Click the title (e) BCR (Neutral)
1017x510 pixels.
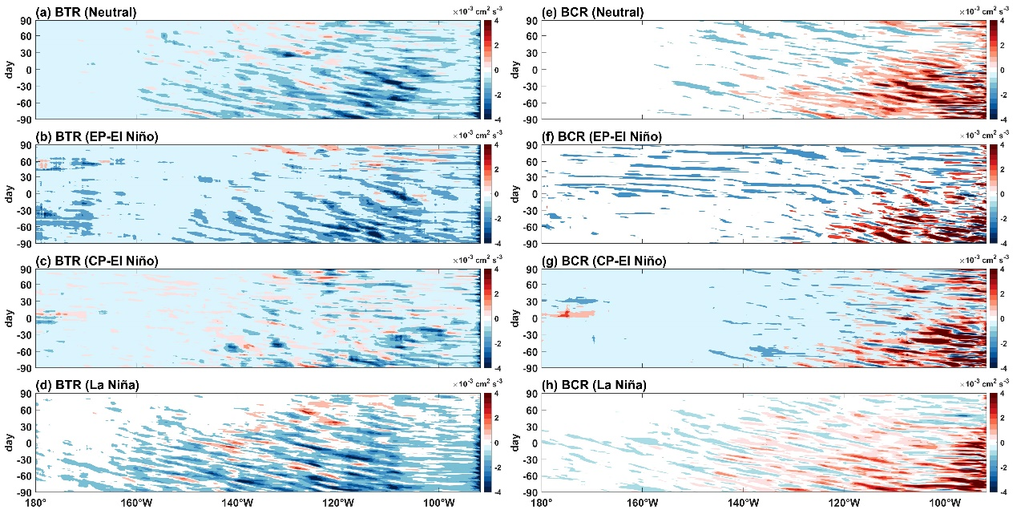(x=575, y=12)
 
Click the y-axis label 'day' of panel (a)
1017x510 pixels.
(x=9, y=70)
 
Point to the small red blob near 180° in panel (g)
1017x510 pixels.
(x=567, y=313)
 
